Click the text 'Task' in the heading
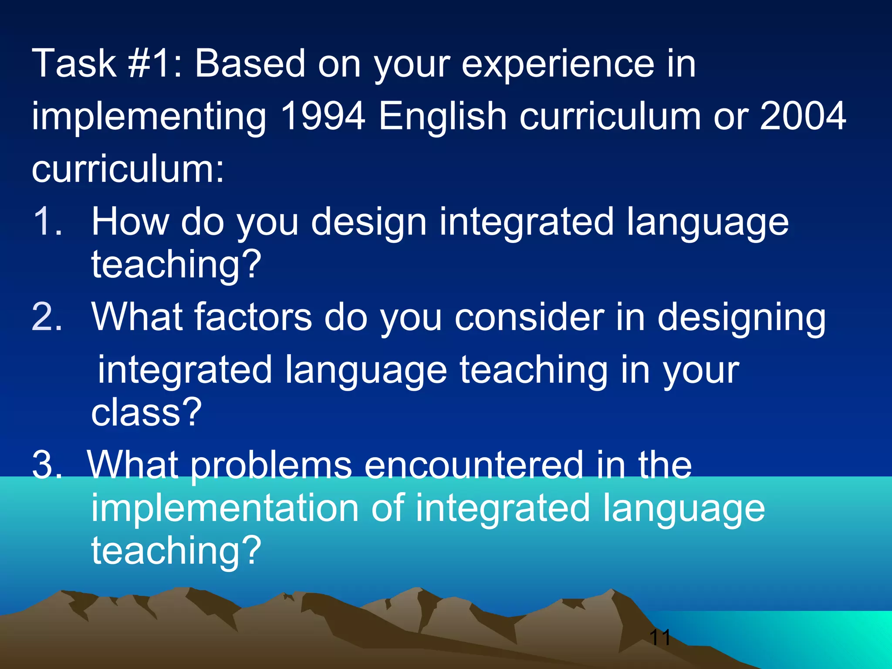tap(74, 64)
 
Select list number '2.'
tap(47, 317)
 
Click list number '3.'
tap(47, 465)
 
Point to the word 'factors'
tap(253, 317)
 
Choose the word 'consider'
tap(530, 317)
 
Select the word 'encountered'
tap(473, 465)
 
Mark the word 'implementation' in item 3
tap(225, 509)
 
